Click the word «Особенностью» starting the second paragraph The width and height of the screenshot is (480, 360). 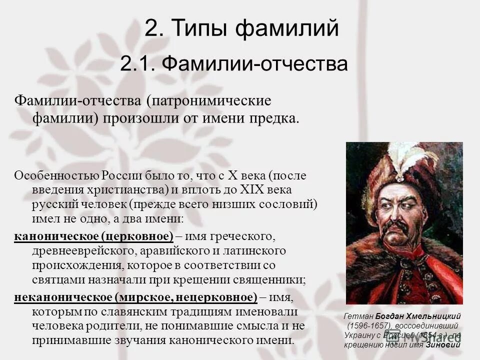click(56, 176)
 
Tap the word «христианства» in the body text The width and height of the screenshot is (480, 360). click(126, 190)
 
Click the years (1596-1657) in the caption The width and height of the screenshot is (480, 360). click(368, 326)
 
